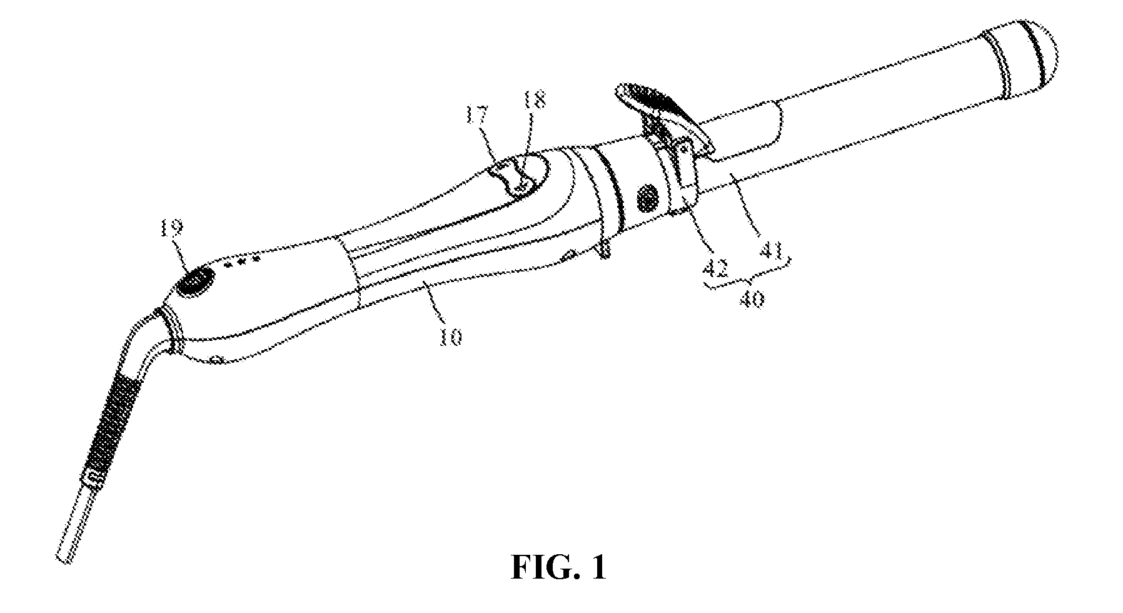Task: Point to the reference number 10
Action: (451, 336)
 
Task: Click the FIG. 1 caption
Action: (558, 568)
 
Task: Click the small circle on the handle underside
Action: (217, 359)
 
